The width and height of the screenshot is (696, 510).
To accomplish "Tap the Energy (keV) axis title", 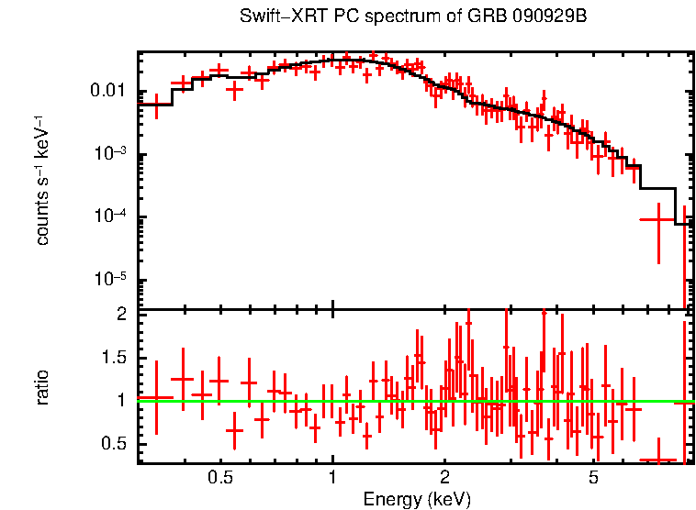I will (417, 500).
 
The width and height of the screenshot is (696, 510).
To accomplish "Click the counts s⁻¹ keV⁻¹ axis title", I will (42, 180).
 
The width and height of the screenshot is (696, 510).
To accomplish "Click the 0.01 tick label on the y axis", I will (108, 91).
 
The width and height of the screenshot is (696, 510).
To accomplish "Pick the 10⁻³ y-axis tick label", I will (111, 153).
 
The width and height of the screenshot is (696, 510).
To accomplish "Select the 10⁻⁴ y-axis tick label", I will (111, 216).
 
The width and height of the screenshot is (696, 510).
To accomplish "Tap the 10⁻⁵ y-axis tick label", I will (111, 279).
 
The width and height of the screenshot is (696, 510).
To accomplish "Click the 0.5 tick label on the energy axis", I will (219, 478).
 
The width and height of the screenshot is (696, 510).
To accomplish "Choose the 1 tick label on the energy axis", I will (332, 478).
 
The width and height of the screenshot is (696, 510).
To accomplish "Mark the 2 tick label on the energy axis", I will (444, 478).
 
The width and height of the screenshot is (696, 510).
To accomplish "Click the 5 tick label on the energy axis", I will (593, 478).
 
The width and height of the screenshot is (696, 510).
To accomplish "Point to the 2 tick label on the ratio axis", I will (120, 314).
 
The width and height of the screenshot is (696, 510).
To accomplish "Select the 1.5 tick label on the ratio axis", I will (114, 357).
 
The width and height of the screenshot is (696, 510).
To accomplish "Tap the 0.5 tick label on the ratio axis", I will (114, 444).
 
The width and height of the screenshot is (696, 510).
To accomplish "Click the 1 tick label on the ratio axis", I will (120, 401).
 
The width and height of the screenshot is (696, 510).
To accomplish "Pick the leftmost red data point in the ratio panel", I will (156, 398).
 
